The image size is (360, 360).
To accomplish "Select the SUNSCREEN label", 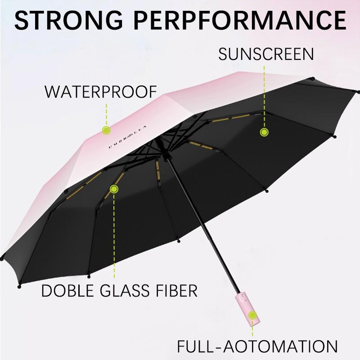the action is pos(266,54).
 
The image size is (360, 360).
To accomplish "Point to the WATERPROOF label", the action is pos(100,92).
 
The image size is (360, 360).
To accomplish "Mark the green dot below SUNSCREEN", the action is pos(264,132).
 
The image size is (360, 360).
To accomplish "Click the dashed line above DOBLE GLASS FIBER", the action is pos(114,234).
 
